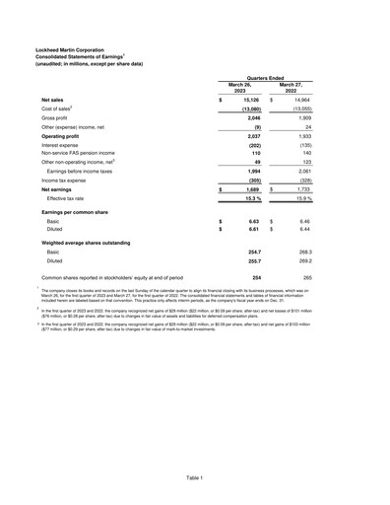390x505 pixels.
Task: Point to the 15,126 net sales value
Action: (x=248, y=101)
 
